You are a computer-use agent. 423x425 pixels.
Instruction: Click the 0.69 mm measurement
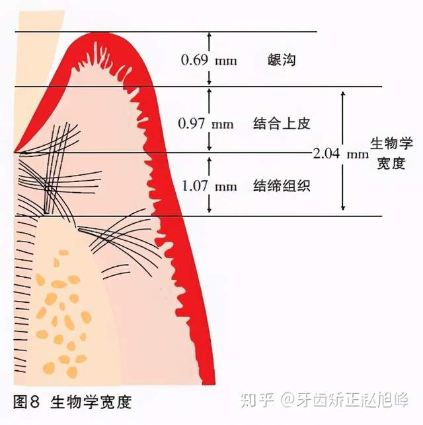pyautogui.click(x=209, y=60)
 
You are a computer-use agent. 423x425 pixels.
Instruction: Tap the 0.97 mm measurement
pyautogui.click(x=206, y=124)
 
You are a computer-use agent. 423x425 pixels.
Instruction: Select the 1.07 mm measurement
pyautogui.click(x=209, y=186)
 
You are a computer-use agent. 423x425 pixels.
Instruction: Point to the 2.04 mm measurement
pyautogui.click(x=341, y=154)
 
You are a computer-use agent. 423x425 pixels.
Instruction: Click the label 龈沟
pyautogui.click(x=282, y=59)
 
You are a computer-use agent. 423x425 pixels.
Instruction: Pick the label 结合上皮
pyautogui.click(x=282, y=124)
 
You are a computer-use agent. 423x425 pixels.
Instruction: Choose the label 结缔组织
pyautogui.click(x=282, y=186)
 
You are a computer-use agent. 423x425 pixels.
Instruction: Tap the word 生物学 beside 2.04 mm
pyautogui.click(x=391, y=143)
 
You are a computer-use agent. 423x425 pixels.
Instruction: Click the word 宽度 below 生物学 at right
pyautogui.click(x=391, y=164)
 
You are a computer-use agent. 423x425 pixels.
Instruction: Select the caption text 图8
pyautogui.click(x=26, y=402)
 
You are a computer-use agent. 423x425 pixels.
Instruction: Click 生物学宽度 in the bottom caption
pyautogui.click(x=91, y=402)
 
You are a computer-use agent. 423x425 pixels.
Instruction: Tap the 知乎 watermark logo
pyautogui.click(x=257, y=400)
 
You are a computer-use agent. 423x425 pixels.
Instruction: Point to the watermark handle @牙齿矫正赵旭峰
pyautogui.click(x=345, y=400)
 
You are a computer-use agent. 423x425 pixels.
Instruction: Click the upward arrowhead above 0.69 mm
pyautogui.click(x=209, y=35)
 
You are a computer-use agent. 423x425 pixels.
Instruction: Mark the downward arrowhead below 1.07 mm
pyautogui.click(x=209, y=210)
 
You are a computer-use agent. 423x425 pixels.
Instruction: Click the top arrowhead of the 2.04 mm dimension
pyautogui.click(x=343, y=94)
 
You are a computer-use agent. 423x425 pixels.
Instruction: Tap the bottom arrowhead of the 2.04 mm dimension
pyautogui.click(x=343, y=208)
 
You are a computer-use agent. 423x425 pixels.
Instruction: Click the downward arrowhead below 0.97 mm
pyautogui.click(x=209, y=148)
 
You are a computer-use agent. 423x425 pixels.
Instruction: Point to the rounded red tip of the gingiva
pyautogui.click(x=103, y=36)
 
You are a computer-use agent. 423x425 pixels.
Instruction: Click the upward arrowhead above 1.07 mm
pyautogui.click(x=209, y=160)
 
